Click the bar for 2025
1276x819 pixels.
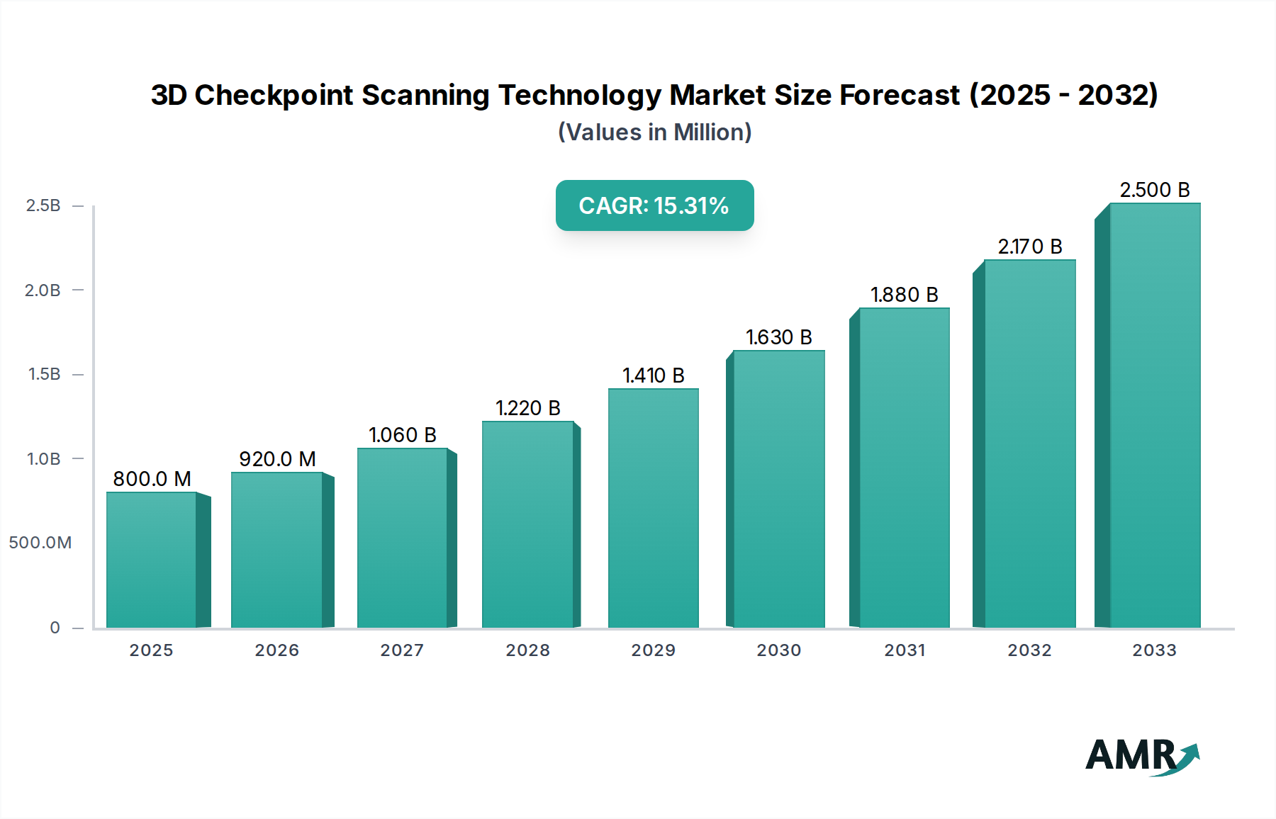152,560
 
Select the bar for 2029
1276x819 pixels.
653,508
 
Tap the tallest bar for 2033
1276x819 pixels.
1154,415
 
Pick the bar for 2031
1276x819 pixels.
904,468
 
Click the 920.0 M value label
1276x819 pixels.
277,459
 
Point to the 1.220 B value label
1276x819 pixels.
527,408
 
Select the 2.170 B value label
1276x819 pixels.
1029,247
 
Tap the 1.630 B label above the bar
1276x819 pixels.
778,337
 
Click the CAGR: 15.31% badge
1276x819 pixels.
654,205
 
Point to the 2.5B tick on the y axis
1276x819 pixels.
43,205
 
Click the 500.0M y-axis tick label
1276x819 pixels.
40,543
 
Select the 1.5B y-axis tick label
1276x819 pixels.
44,374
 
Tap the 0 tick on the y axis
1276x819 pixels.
55,628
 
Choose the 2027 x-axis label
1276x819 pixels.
402,650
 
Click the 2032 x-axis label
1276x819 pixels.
1029,650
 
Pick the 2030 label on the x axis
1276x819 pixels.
778,650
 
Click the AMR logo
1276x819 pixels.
1141,756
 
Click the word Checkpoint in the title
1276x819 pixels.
273,95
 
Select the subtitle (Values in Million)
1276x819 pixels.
654,132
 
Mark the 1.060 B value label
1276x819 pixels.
402,435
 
